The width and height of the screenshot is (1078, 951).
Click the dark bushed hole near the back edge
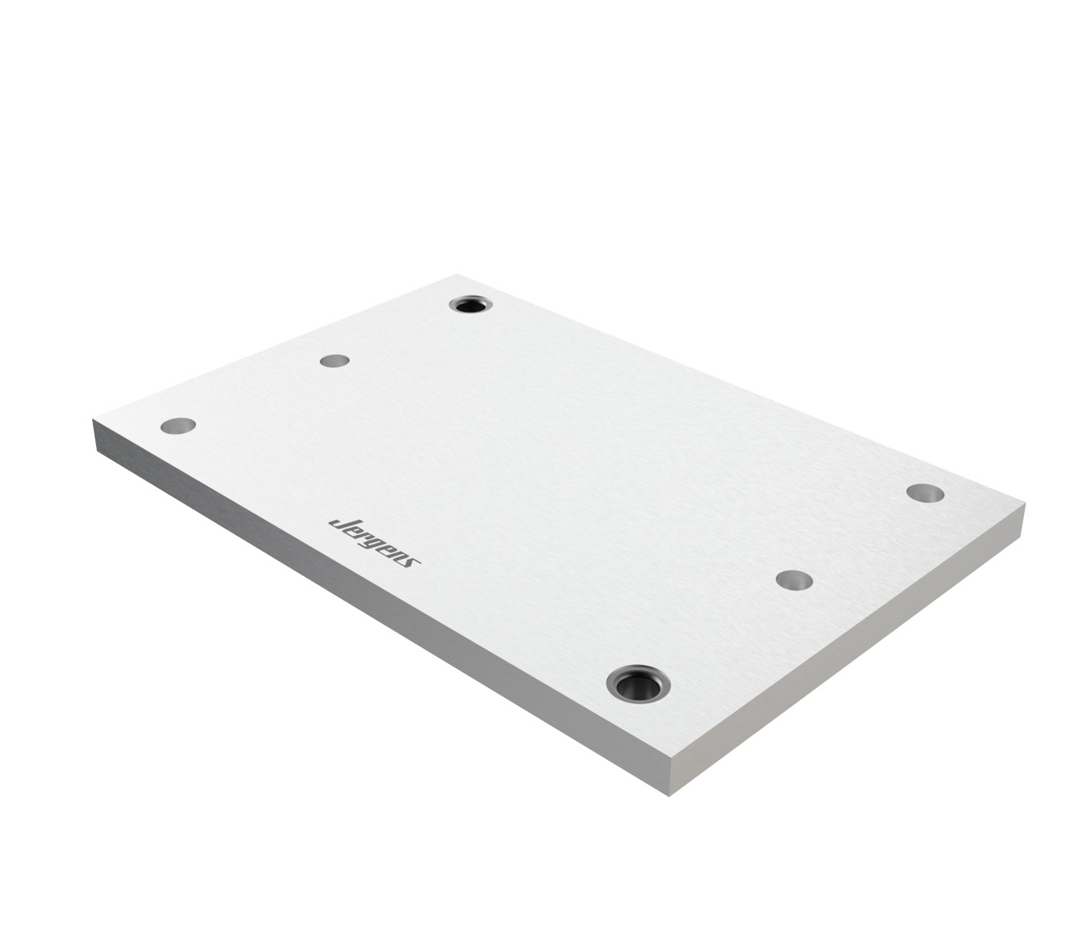472,304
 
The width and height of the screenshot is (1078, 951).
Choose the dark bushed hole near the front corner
638,682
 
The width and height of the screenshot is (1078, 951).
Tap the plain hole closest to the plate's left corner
178,426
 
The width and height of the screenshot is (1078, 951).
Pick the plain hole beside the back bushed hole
334,361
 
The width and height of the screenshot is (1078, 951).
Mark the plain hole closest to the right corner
925,493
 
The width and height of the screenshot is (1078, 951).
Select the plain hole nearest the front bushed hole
794,580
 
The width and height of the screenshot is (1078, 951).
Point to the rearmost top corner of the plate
458,275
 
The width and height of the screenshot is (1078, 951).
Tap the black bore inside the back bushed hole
472,305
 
